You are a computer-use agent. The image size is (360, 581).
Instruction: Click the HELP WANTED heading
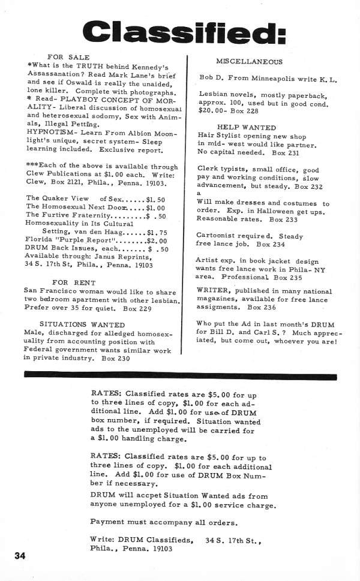246,128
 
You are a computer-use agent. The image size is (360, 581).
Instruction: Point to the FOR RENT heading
69,282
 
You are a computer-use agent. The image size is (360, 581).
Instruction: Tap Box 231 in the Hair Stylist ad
286,153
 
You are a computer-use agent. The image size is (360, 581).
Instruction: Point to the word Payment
108,520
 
